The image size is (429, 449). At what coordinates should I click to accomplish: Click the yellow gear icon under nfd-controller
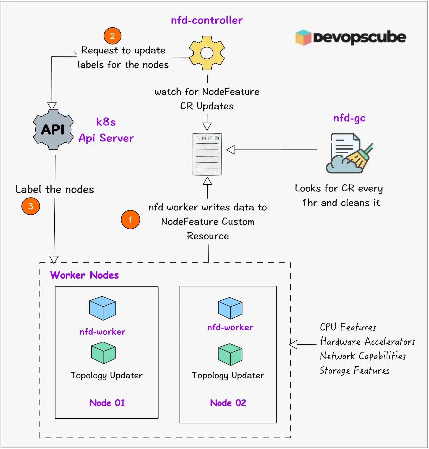(207, 53)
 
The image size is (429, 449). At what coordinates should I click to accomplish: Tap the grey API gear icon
(53, 129)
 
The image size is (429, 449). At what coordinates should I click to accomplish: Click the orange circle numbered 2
(112, 36)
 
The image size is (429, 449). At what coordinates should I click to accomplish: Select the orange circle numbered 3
(31, 206)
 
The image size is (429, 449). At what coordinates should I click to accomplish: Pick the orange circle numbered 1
(130, 220)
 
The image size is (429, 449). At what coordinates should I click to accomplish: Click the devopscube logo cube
(303, 38)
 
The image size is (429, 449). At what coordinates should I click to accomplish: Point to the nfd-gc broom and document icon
(349, 153)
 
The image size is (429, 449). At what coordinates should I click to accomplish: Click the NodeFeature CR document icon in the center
(207, 154)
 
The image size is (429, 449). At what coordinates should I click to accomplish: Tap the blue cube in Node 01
(102, 308)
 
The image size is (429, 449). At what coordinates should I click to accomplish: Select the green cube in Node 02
(230, 354)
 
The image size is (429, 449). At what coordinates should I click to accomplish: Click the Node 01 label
(107, 403)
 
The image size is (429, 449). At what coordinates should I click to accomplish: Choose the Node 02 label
(228, 403)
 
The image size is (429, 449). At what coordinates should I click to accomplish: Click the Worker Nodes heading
(84, 275)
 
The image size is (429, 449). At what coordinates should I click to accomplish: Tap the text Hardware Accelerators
(367, 342)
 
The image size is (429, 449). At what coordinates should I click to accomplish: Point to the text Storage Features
(354, 370)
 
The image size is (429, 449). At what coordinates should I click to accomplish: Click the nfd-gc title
(349, 118)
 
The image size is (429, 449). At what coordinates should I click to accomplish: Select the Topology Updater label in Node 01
(107, 376)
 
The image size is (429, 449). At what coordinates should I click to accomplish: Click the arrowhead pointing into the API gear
(52, 106)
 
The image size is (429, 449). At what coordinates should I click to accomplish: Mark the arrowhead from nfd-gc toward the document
(230, 150)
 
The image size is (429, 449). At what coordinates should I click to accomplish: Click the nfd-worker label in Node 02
(230, 327)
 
